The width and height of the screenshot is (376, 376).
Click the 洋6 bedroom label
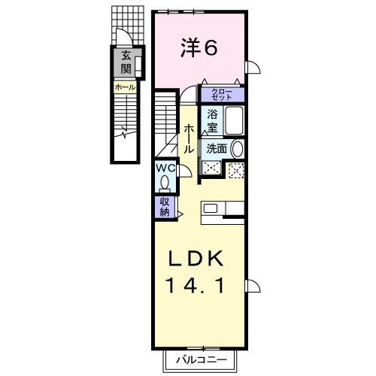tap(199, 48)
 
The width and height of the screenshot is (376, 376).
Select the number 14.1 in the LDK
tap(195, 287)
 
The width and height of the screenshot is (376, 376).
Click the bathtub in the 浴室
tap(233, 121)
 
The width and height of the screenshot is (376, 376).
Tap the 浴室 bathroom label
tap(213, 121)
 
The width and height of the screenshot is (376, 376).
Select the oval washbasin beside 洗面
tap(237, 149)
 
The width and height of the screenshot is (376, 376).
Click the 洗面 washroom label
tap(217, 149)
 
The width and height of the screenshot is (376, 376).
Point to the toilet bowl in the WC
tap(165, 183)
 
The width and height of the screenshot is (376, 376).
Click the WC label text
tap(165, 169)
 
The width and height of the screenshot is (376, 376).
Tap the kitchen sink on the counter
tap(211, 208)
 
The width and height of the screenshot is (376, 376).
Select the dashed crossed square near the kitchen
tap(236, 170)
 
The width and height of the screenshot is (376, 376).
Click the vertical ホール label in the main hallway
tap(189, 139)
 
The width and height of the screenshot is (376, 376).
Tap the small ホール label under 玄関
tap(125, 87)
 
